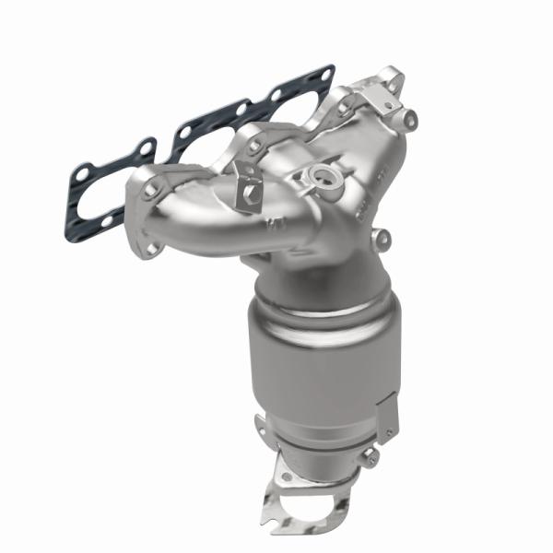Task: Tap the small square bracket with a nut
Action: coord(246,183)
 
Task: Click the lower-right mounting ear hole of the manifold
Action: coord(382,240)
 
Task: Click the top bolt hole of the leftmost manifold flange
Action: coord(145,189)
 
